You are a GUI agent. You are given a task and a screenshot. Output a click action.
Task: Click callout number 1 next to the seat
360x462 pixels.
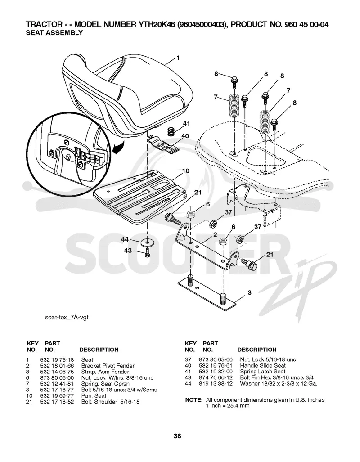[x=178, y=58]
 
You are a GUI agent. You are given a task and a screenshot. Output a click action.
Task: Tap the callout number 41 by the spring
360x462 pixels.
[x=186, y=124]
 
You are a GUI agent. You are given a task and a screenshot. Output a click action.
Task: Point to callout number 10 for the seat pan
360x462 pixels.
[x=186, y=171]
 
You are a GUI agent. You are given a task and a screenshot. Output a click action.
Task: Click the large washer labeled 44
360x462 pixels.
[x=148, y=242]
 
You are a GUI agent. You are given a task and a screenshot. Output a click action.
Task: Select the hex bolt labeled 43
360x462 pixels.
[x=148, y=252]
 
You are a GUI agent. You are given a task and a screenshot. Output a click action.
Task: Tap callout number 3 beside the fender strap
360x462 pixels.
[x=249, y=292]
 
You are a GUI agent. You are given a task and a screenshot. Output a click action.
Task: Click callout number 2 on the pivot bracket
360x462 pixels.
[x=215, y=234]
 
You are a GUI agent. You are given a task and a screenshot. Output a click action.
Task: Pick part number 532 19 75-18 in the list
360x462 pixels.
[x=57, y=360]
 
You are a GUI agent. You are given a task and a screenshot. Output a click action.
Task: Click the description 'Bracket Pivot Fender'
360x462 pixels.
[x=108, y=366]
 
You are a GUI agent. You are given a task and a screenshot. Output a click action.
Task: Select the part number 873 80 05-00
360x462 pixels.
[x=216, y=359]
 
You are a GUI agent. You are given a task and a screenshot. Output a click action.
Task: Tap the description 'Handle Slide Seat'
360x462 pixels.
[x=263, y=366]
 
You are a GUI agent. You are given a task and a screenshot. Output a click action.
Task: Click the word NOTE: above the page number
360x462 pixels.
[x=193, y=400]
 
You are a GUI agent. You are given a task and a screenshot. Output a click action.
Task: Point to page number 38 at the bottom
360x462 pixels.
[x=177, y=436]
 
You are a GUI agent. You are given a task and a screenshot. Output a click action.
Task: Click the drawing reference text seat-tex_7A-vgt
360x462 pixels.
[x=67, y=317]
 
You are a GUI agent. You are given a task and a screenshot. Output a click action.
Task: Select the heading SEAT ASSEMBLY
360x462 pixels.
[x=54, y=33]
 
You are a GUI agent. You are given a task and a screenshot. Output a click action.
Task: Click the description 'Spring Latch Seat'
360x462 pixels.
[x=263, y=372]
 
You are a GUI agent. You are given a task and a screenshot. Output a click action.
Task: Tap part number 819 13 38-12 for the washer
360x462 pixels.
[x=216, y=383]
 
